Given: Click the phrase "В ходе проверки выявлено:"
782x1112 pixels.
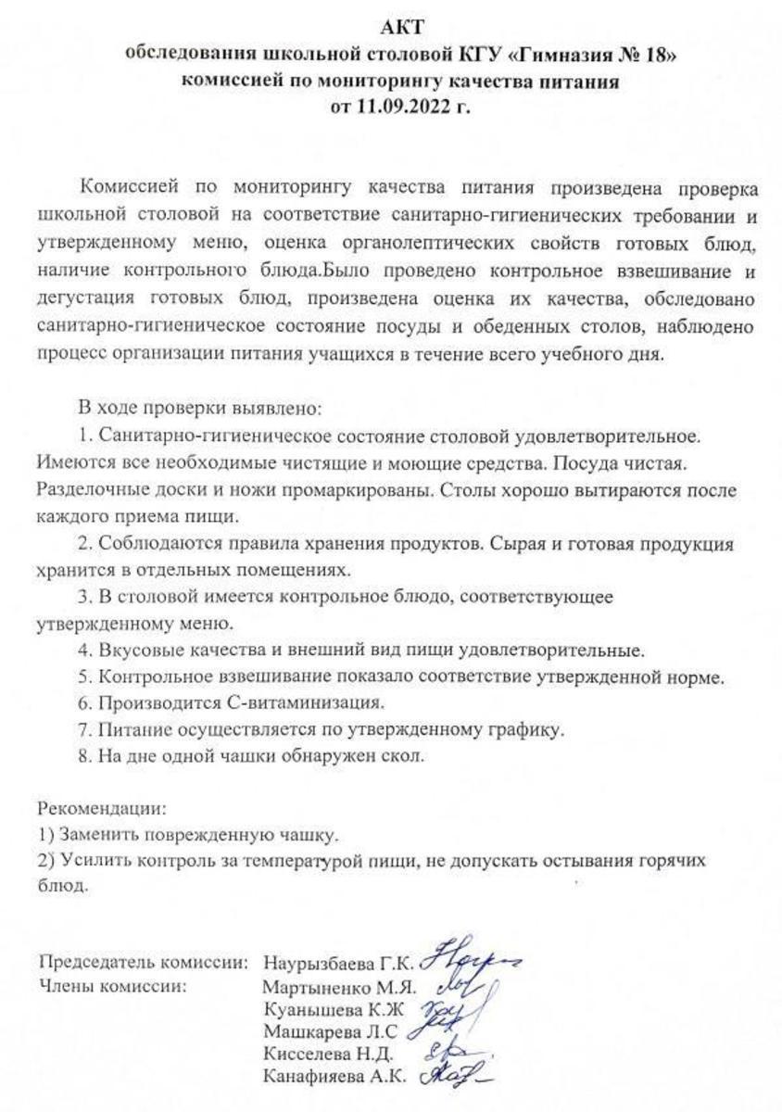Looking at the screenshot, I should [200, 407].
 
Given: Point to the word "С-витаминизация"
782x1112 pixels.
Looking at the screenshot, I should [298, 701].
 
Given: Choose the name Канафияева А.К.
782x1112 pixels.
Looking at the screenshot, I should [334, 1078].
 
